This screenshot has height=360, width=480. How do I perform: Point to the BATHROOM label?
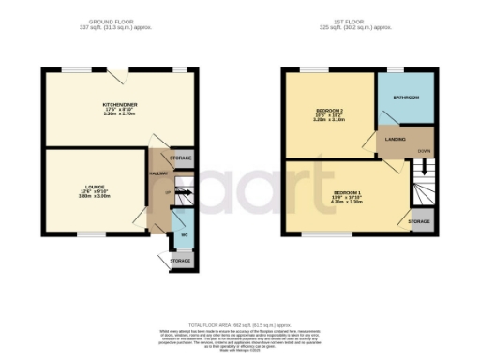pyautogui.click(x=405, y=97)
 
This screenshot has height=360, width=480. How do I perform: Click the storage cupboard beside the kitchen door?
pyautogui.click(x=182, y=158)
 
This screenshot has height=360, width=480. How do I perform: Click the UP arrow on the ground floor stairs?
pyautogui.click(x=169, y=195)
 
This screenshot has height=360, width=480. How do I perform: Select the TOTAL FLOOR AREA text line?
pyautogui.click(x=240, y=322)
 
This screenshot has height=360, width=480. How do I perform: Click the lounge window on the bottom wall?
pyautogui.click(x=92, y=234)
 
